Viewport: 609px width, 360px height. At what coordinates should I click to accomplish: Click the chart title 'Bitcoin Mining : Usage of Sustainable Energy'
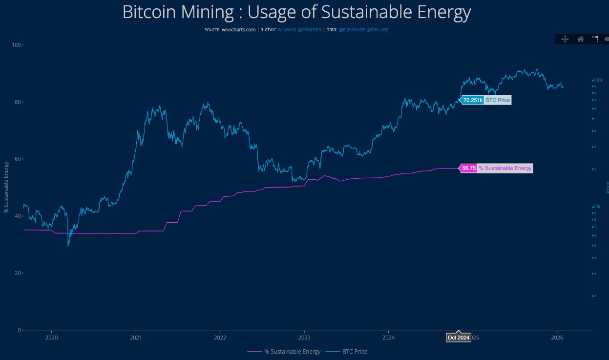(296, 12)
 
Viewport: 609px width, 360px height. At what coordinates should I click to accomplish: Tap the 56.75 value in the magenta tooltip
(469, 169)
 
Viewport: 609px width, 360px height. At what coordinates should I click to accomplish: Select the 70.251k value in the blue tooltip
(473, 101)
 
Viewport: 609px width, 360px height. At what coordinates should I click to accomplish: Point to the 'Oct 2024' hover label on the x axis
(459, 338)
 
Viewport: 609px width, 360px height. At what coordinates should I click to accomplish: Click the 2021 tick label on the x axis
(136, 338)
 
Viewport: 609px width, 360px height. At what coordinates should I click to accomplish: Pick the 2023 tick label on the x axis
(304, 338)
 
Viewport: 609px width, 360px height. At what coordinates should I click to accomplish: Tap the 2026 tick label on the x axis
(557, 338)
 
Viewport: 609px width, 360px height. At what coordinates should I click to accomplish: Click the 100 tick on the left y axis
(16, 45)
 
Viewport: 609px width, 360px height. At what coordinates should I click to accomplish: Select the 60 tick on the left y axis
(18, 159)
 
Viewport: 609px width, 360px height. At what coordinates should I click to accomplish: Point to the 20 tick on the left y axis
(18, 273)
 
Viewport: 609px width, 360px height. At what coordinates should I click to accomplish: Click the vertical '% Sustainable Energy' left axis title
(6, 187)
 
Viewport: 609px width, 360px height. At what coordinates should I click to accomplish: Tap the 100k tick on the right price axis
(598, 80)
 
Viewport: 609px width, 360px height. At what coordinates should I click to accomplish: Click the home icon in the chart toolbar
(581, 40)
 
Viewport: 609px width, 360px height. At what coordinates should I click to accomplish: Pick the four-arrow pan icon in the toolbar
(565, 40)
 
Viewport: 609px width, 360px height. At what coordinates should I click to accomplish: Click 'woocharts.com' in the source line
(237, 30)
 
